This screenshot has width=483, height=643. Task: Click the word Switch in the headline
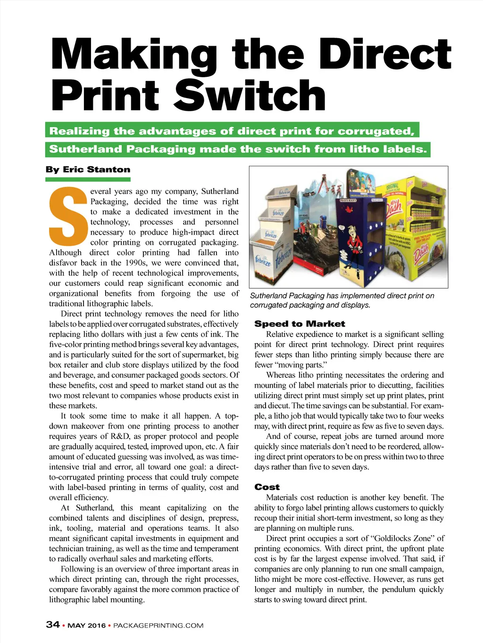click(x=250, y=96)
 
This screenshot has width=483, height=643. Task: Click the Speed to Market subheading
click(x=300, y=324)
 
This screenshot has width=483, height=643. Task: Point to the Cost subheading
click(x=267, y=487)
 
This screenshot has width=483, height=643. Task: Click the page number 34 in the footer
click(x=53, y=625)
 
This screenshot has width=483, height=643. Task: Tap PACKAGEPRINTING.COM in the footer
click(x=158, y=626)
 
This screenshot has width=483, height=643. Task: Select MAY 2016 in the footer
click(x=87, y=626)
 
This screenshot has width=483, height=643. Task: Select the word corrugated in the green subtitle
click(x=378, y=131)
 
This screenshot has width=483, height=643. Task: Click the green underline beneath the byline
click(x=88, y=179)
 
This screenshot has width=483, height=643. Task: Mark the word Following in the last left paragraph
click(x=77, y=569)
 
